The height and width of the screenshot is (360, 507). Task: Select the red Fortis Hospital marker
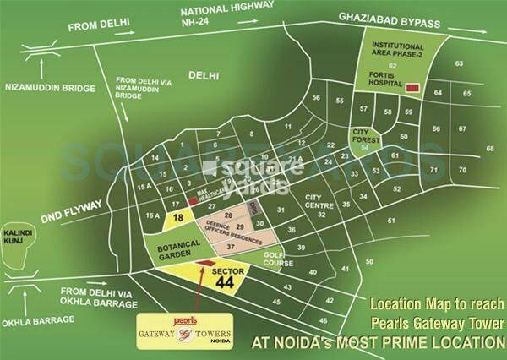click(412, 87)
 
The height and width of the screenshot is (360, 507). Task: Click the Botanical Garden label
click(168, 245)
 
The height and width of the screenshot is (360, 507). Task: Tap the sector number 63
click(460, 64)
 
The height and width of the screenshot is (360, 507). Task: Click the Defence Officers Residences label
click(223, 232)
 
